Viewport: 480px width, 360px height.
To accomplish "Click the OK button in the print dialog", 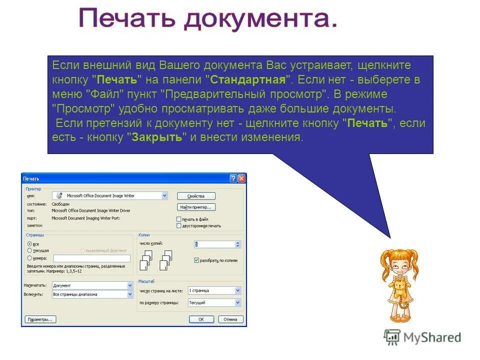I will (201, 319).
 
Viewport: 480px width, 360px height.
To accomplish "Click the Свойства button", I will (196, 196).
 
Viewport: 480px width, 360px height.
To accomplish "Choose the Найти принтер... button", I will (196, 207).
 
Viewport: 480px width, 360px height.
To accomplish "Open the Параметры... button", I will (41, 319).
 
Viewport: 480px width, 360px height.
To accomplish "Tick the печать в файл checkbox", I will (179, 219).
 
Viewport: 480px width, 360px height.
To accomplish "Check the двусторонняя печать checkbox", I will (179, 225).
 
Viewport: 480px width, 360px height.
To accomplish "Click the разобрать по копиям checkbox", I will (196, 260).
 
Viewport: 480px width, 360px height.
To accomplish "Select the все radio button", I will (29, 243).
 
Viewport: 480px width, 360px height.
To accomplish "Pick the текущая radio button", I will (29, 250).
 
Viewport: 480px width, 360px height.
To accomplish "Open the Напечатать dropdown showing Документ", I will (92, 285).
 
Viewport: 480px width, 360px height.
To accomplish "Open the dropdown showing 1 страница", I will (214, 290).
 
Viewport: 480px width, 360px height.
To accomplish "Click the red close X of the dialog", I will (241, 178).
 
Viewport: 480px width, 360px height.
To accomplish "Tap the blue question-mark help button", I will (233, 178).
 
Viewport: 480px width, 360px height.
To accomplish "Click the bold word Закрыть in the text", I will (156, 137).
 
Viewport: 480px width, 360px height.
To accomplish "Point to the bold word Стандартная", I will (248, 79).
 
